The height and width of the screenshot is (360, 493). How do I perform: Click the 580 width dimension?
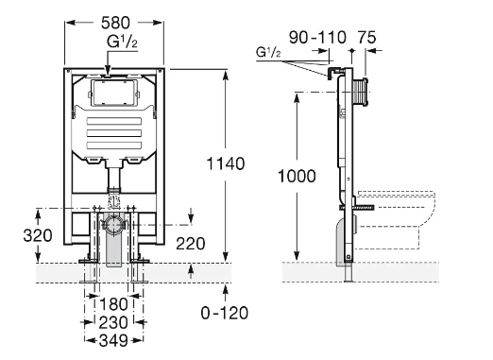[115, 23]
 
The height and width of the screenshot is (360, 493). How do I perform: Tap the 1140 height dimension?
[226, 163]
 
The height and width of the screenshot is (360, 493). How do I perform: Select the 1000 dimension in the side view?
[297, 176]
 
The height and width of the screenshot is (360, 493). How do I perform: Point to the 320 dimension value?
[38, 235]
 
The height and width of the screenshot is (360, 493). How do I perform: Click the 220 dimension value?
[191, 244]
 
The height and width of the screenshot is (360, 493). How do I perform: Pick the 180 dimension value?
[113, 304]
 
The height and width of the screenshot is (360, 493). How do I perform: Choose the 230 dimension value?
[113, 322]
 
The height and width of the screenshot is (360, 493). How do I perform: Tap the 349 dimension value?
[113, 340]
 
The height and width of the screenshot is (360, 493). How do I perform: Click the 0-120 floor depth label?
[225, 313]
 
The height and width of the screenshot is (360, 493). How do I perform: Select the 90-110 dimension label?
[317, 38]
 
